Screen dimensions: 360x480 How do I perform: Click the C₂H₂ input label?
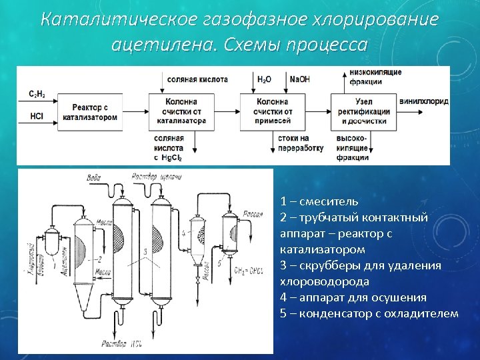[37, 94]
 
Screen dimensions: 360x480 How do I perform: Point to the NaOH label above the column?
[299, 79]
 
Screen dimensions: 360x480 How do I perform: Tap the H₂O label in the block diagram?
[264, 79]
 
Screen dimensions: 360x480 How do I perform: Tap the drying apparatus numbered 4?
[197, 239]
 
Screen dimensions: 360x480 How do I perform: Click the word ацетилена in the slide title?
[165, 45]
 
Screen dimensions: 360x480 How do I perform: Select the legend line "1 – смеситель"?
[319, 201]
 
